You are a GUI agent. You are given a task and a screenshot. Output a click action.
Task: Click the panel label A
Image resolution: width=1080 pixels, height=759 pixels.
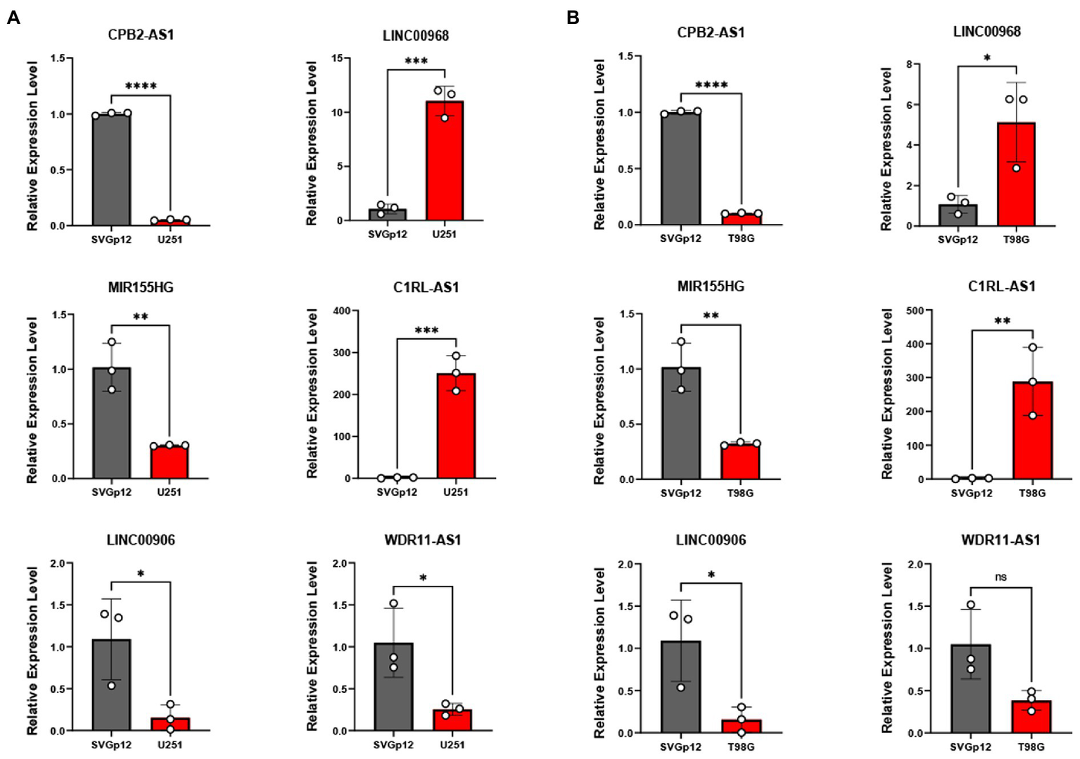(x=13, y=18)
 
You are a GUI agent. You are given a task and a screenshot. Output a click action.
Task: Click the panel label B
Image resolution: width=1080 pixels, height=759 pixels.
(x=573, y=18)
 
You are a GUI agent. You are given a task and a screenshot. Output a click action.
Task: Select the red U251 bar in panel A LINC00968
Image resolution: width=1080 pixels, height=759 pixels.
(x=445, y=162)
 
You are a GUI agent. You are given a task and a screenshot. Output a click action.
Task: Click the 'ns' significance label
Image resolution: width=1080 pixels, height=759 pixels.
(x=1000, y=577)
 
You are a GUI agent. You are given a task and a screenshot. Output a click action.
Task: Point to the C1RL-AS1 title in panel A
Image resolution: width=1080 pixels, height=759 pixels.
(x=426, y=287)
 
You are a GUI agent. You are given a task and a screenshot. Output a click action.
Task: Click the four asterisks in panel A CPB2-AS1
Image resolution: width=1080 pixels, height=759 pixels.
(x=141, y=87)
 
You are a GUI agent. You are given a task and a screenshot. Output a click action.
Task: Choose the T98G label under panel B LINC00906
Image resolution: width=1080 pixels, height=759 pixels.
(x=741, y=747)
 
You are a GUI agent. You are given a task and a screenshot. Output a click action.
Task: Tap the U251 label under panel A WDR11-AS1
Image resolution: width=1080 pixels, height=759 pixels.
(x=452, y=745)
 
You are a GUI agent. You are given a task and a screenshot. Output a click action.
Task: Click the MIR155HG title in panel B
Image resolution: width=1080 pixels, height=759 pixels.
(x=711, y=287)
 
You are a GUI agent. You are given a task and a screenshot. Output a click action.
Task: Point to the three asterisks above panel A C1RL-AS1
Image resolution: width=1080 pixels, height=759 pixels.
(x=426, y=330)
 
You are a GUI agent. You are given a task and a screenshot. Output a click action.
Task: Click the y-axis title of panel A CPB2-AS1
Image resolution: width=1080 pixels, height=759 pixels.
(x=32, y=146)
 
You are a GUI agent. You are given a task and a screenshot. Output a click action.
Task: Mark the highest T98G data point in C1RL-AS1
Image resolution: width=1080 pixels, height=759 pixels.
(x=1033, y=347)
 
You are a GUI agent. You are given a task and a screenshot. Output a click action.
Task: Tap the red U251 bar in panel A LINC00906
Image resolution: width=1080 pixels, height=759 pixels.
(x=170, y=724)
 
